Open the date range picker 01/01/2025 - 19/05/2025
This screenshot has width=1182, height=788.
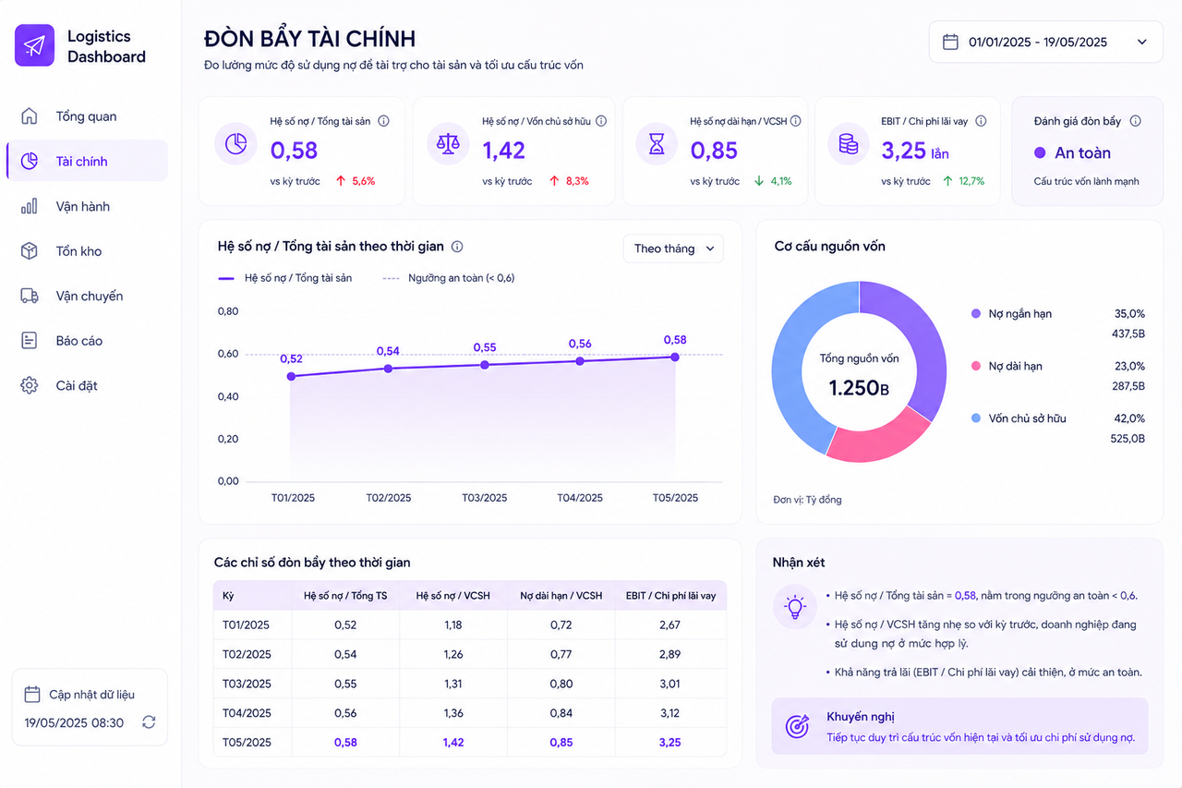1045,42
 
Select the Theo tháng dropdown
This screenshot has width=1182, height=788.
673,249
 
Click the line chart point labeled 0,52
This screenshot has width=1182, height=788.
291,376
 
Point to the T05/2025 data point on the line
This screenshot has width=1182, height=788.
675,358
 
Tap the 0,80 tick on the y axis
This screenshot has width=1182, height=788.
228,311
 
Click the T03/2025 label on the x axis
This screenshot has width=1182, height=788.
485,498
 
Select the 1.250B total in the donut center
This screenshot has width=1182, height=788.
859,388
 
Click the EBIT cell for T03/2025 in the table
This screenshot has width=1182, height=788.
669,684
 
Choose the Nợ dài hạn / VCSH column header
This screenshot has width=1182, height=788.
561,596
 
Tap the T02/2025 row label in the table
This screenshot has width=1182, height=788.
246,654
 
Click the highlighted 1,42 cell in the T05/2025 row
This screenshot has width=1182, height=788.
453,743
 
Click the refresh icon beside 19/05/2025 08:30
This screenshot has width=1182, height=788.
149,722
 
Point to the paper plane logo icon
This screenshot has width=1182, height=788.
34,45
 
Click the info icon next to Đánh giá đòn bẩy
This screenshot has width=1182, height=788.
1135,121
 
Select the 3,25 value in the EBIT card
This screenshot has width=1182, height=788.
903,151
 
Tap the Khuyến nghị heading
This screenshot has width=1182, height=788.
860,717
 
